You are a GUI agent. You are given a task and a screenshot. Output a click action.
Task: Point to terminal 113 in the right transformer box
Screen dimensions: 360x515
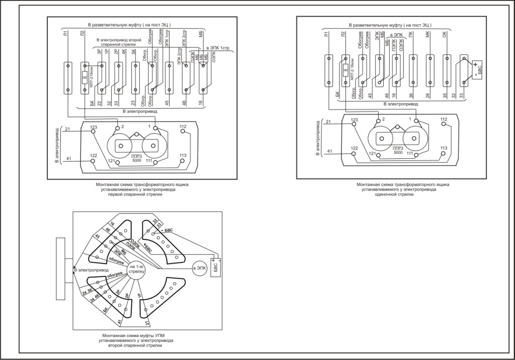pyautogui.click(x=444, y=154)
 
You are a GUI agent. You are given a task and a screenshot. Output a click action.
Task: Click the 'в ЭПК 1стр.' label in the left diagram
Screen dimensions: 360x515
pyautogui.click(x=218, y=48)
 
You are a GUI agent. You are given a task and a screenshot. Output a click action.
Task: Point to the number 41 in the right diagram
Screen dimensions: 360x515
pyautogui.click(x=330, y=151)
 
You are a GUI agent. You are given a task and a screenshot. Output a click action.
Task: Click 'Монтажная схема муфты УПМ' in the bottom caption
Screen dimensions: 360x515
pyautogui.click(x=131, y=336)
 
